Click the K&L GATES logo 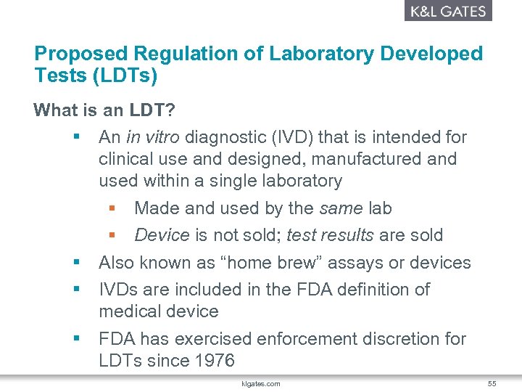447,11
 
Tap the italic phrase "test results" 330,235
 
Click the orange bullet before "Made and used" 112,209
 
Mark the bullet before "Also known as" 75,263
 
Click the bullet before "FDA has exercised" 75,339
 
